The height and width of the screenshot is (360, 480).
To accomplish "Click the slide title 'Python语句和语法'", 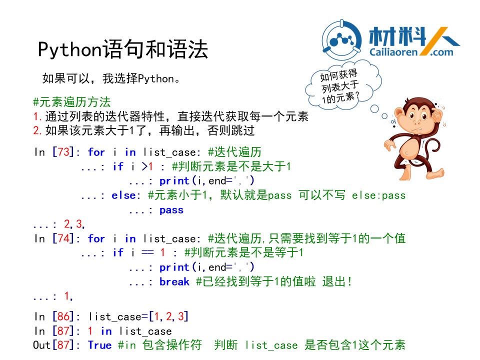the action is pyautogui.click(x=123, y=49).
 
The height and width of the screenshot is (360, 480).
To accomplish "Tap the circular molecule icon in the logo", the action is pyautogui.click(x=342, y=40).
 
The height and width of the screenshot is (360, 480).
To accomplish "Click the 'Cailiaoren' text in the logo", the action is pyautogui.click(x=393, y=52).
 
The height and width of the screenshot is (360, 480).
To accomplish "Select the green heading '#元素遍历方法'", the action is pyautogui.click(x=71, y=102).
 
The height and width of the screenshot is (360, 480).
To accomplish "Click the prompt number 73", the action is pyautogui.click(x=63, y=152).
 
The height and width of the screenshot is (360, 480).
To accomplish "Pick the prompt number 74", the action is pyautogui.click(x=63, y=238).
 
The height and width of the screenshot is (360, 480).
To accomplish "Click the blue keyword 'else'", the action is pyautogui.click(x=123, y=195).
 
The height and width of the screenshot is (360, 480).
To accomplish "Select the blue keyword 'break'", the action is pyautogui.click(x=174, y=281).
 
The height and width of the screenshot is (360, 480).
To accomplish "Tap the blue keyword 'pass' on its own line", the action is pyautogui.click(x=171, y=210).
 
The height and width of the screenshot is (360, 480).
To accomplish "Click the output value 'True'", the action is pyautogui.click(x=100, y=345).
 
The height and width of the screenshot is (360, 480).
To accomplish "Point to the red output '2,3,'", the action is pyautogui.click(x=74, y=224).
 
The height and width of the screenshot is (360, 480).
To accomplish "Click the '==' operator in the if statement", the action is pyautogui.click(x=147, y=252).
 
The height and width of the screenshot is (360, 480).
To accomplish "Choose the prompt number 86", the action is pyautogui.click(x=63, y=316).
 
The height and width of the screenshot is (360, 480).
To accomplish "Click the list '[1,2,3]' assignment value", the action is pyautogui.click(x=168, y=316).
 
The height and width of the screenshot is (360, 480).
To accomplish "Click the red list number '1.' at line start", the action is pyautogui.click(x=37, y=116).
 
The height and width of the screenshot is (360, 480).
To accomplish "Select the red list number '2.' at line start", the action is pyautogui.click(x=37, y=130).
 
